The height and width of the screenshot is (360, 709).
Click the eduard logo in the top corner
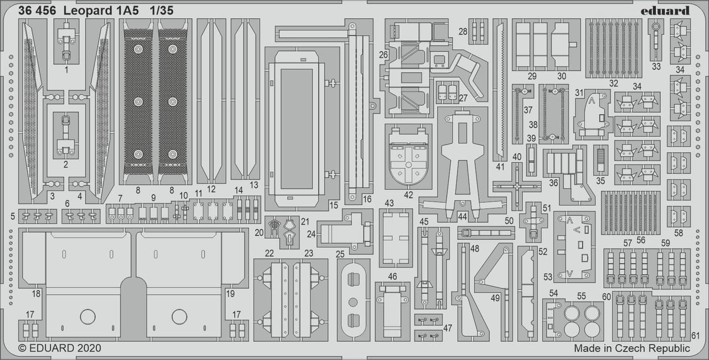665,11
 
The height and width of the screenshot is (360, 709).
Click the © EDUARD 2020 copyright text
60,348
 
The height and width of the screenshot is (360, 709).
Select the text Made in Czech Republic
631,348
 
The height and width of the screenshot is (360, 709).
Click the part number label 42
409,194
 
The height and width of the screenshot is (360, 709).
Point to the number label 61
696,336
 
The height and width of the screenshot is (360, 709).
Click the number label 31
579,93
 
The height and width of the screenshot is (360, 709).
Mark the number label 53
548,276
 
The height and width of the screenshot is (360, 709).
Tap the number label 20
259,233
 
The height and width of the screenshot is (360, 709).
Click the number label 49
495,297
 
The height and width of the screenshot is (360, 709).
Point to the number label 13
254,184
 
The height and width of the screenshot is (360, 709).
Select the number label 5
13,215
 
